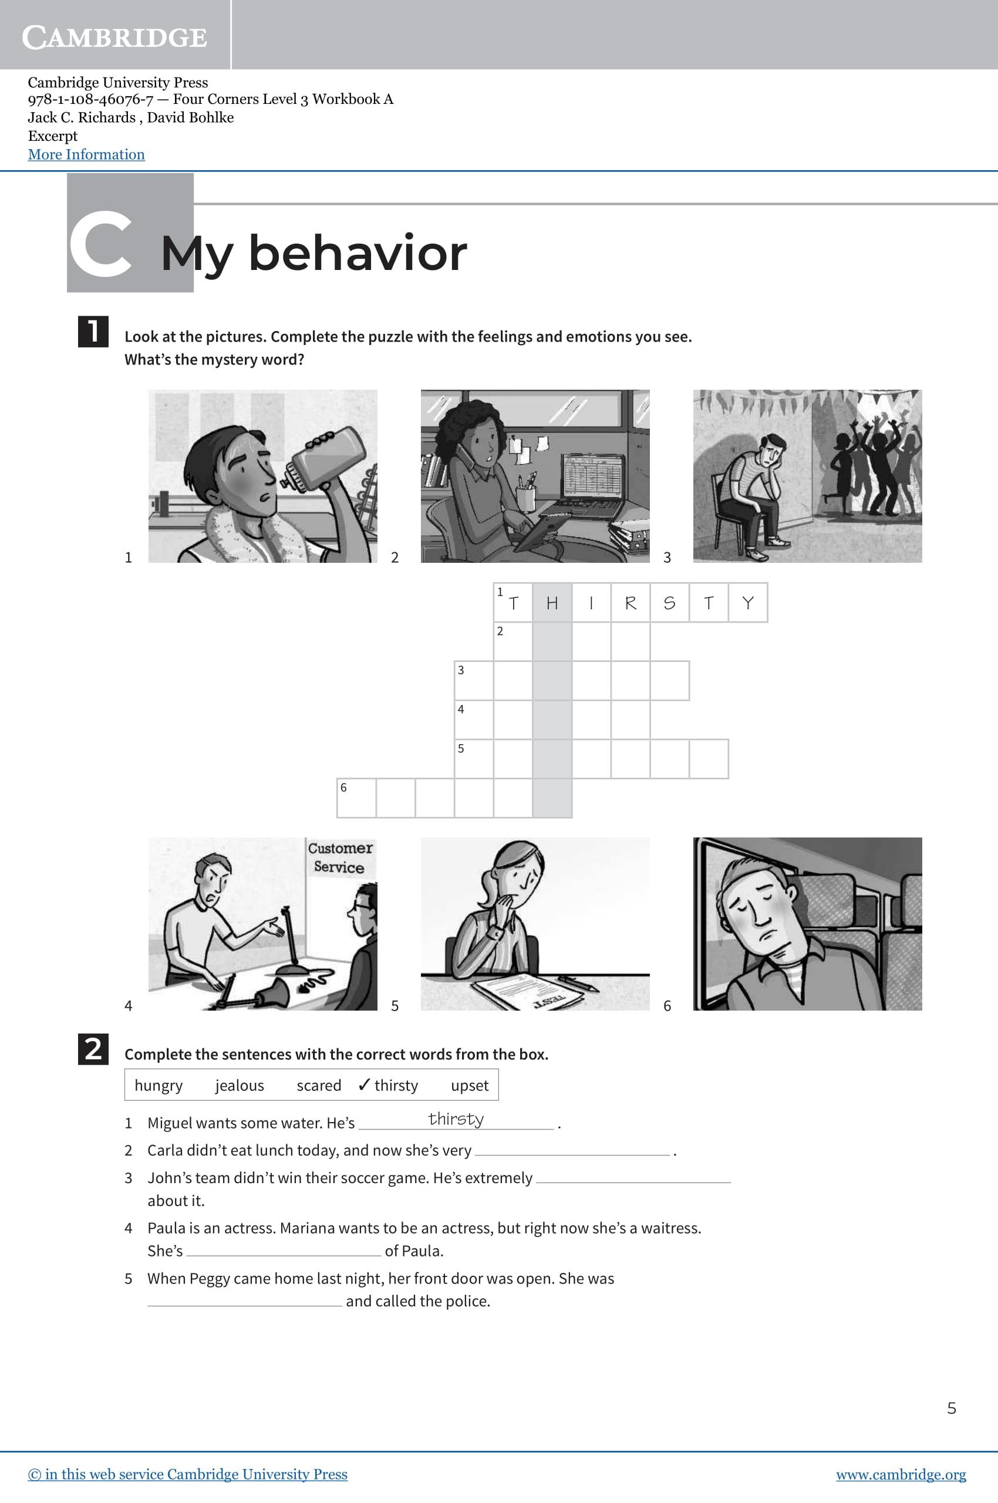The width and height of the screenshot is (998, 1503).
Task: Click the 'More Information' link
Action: pyautogui.click(x=86, y=154)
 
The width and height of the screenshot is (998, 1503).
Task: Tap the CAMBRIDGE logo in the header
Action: pyautogui.click(x=114, y=38)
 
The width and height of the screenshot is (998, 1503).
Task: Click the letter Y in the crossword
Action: pyautogui.click(x=748, y=603)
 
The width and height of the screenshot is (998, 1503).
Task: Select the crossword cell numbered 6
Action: pyautogui.click(x=356, y=798)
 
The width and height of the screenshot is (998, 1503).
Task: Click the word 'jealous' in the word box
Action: pyautogui.click(x=240, y=1085)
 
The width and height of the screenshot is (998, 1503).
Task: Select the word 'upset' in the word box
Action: pyautogui.click(x=470, y=1085)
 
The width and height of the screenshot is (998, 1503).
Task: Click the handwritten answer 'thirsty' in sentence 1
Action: pyautogui.click(x=456, y=1119)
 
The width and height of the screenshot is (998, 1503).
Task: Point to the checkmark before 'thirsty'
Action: pyautogui.click(x=364, y=1085)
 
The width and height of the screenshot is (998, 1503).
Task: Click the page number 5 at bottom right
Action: pyautogui.click(x=952, y=1407)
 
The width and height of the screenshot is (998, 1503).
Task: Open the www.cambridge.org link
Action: pyautogui.click(x=901, y=1474)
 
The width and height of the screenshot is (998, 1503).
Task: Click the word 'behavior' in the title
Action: pyautogui.click(x=358, y=254)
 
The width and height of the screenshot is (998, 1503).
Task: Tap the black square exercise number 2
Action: pyautogui.click(x=93, y=1049)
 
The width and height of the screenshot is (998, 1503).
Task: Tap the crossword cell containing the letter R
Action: pyautogui.click(x=630, y=603)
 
